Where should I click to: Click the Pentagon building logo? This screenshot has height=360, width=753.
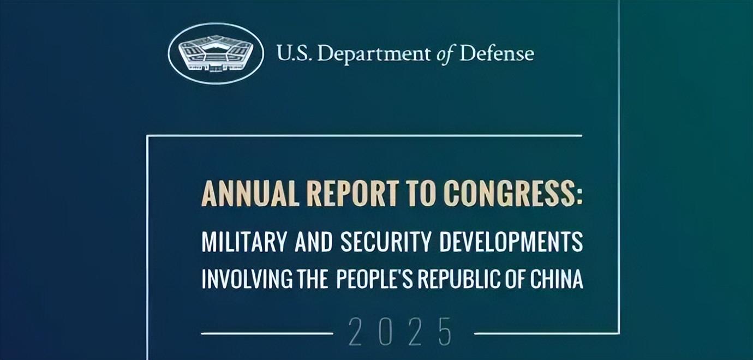click(216, 54)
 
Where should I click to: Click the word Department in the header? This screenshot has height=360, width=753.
click(373, 54)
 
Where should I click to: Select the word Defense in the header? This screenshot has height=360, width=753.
click(497, 53)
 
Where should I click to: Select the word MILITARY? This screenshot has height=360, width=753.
click(244, 242)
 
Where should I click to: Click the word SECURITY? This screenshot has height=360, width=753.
click(386, 242)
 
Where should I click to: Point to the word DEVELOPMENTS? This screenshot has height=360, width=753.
click(511, 242)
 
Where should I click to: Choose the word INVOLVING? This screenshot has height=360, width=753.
click(247, 279)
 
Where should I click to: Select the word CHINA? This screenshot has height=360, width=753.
click(557, 279)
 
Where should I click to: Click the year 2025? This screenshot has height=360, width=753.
click(400, 332)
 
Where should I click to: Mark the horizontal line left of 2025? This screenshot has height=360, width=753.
click(267, 333)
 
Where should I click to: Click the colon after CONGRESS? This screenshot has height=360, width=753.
click(579, 197)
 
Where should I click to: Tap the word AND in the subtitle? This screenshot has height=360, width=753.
click(313, 242)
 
